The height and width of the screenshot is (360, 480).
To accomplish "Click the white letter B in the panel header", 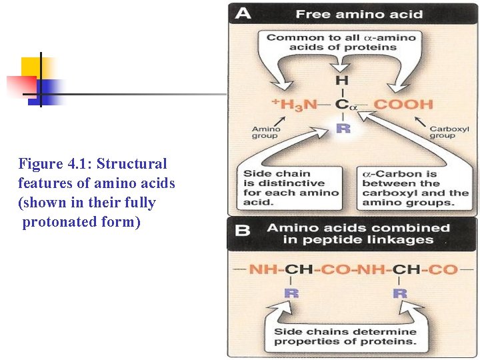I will pyautogui.click(x=243, y=231).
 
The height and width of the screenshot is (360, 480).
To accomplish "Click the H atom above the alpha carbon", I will pyautogui.click(x=342, y=81).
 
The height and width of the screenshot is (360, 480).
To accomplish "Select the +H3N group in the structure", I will pyautogui.click(x=295, y=105).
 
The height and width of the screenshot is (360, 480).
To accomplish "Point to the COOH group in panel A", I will pyautogui.click(x=403, y=105).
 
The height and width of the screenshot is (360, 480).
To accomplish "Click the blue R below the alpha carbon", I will pyautogui.click(x=343, y=128).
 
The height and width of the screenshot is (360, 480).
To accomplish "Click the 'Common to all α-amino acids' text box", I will pyautogui.click(x=341, y=42).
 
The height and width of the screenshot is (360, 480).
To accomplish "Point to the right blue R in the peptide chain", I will pyautogui.click(x=400, y=293).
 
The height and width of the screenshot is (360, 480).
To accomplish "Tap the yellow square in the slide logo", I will pyautogui.click(x=31, y=68).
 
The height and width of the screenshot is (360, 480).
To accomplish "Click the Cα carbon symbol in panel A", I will pyautogui.click(x=343, y=105).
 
